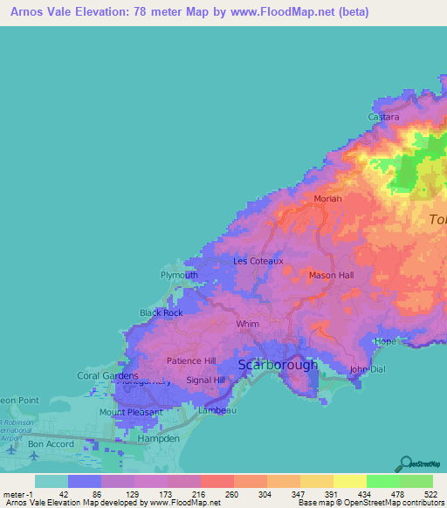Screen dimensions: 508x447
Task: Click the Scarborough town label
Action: pos(279,365)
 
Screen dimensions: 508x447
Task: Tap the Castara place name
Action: pos(384,117)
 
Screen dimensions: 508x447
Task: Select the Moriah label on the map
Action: pos(328,199)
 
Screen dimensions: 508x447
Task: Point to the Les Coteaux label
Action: pos(258,261)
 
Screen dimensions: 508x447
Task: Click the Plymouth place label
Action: pos(179,275)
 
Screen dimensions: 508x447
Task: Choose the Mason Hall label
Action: pos(332,275)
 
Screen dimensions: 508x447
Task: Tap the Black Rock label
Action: pos(162,312)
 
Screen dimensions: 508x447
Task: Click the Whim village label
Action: pos(248,324)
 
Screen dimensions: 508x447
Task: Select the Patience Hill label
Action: pos(191,360)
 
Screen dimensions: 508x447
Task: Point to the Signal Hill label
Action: pos(206,381)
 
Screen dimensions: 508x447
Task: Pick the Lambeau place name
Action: pos(217,409)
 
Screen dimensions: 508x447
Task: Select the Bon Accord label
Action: pos(47,443)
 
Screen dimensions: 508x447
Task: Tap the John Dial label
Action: pos(368,369)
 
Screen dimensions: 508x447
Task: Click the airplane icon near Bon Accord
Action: pos(10,450)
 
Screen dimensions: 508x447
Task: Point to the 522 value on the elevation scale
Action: pos(433,494)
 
